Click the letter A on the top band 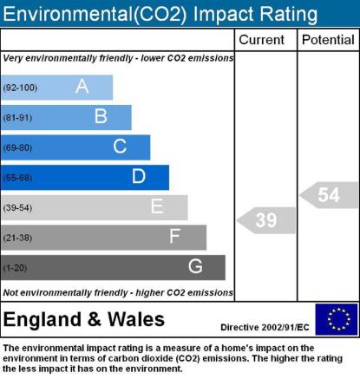point(82,86)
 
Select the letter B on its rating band point(101,116)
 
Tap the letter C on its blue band point(120,147)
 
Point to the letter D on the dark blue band point(139,176)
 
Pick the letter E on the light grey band point(157,206)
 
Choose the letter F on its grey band point(174,236)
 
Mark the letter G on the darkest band point(195,266)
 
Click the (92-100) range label point(20,88)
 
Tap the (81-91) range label point(17,118)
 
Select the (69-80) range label point(17,147)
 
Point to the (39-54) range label point(17,207)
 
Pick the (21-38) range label point(17,238)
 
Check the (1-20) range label point(15,268)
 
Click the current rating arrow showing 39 point(266,220)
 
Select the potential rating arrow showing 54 point(329,195)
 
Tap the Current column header point(261,40)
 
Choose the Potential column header point(328,40)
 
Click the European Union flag point(337,319)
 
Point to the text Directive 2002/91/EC point(265,327)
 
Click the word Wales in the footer point(136,319)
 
